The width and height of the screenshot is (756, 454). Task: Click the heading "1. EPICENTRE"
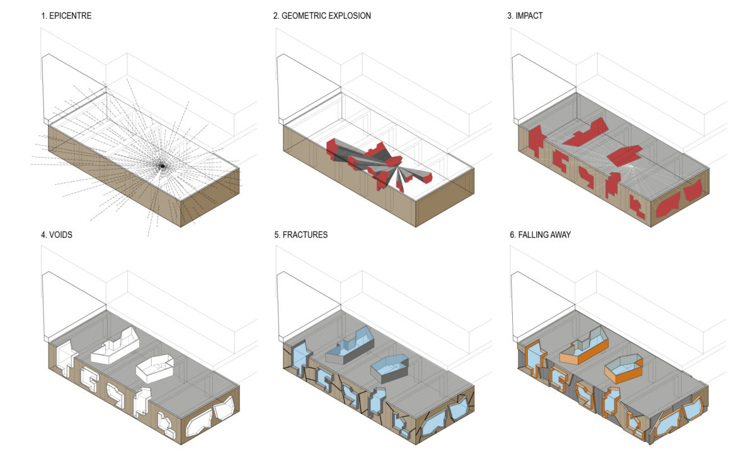66,16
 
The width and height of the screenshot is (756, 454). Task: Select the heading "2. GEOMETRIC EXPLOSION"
322,16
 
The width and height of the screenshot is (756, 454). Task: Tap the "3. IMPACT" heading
525,16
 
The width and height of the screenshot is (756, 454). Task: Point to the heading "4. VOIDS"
60,235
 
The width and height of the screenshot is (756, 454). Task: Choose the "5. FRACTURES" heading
301,235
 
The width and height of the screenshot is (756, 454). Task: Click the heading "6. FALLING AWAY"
545,235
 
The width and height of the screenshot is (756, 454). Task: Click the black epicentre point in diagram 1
161,166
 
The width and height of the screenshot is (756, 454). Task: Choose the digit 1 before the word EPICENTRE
43,16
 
